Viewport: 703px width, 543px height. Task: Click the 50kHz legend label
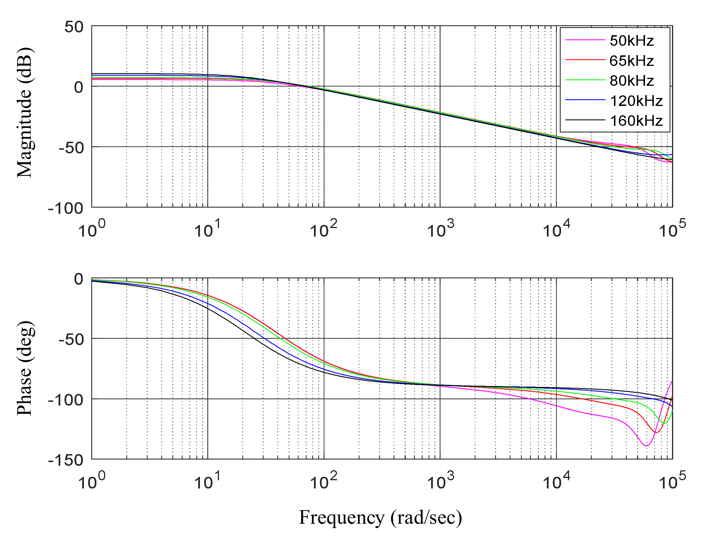pos(632,41)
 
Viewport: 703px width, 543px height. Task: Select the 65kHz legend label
pos(632,61)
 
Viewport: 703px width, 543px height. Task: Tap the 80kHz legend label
pos(632,81)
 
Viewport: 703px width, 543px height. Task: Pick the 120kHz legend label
pos(636,101)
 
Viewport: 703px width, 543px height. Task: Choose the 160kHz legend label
pos(636,121)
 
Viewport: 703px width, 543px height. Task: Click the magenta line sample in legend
pos(585,40)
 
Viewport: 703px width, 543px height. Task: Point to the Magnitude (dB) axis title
pos(25,112)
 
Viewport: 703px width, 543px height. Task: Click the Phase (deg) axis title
pos(25,368)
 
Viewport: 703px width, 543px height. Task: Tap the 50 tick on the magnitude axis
pos(74,27)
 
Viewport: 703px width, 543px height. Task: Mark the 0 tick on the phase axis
pos(78,279)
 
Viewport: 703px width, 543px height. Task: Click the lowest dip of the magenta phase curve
pos(646,446)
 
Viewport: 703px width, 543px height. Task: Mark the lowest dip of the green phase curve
pos(663,423)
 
